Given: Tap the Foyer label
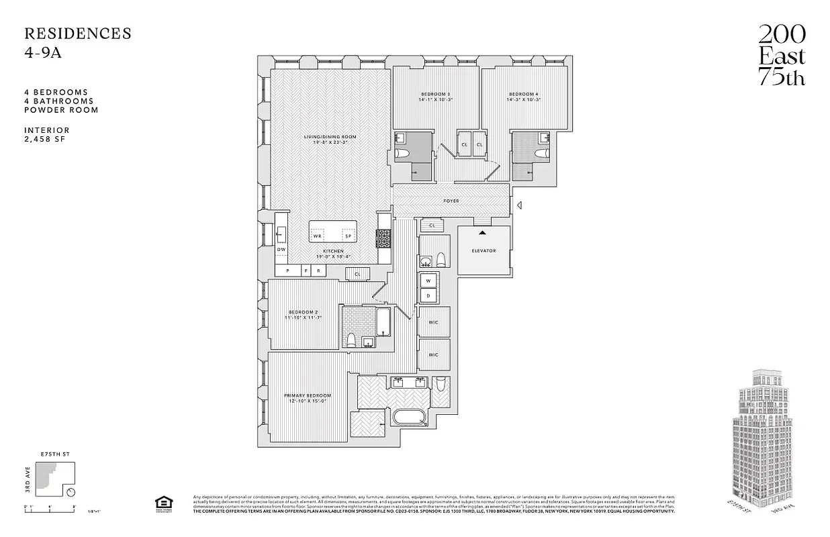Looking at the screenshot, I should pyautogui.click(x=451, y=201).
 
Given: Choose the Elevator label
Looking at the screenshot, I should pyautogui.click(x=483, y=250).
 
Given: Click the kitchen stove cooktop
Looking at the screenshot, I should pyautogui.click(x=383, y=238).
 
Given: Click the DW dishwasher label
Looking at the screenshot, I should pyautogui.click(x=281, y=249).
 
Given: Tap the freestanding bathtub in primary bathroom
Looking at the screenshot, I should pyautogui.click(x=410, y=417).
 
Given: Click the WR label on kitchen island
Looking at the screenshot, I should pyautogui.click(x=318, y=236).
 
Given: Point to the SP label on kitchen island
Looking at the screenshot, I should pyautogui.click(x=348, y=236).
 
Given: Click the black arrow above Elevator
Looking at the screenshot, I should pyautogui.click(x=481, y=233).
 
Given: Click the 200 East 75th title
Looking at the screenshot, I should pyautogui.click(x=782, y=56).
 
